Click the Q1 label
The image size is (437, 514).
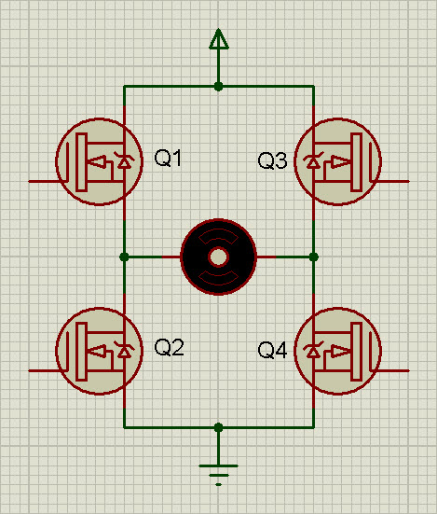coord(168,158)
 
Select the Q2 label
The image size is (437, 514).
coord(169,347)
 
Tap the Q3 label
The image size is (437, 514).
coord(272,160)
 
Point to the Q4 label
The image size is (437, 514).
coord(272,350)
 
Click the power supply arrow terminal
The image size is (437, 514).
coord(219,38)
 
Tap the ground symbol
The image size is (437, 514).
coord(218,475)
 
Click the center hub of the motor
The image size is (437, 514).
coord(218,257)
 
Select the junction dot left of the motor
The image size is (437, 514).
coord(124,257)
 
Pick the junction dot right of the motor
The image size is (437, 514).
coord(314,257)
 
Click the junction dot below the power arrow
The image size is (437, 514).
coord(218,87)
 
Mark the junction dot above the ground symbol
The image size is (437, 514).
coord(218,427)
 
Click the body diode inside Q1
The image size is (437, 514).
coord(124,160)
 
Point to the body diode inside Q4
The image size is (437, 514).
coord(314,350)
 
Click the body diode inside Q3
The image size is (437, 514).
coord(314,160)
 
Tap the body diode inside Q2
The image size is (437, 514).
coord(124,350)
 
